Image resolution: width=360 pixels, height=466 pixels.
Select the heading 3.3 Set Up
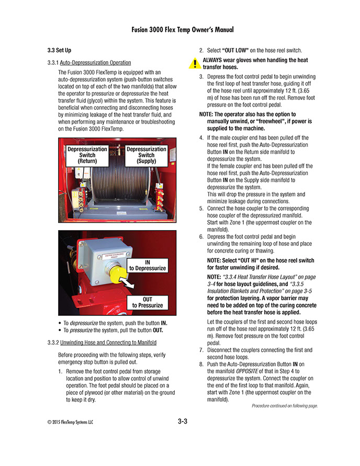[60, 51]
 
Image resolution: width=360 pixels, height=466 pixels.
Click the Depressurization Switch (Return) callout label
[87, 155]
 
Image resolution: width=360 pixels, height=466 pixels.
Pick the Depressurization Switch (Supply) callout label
[147, 155]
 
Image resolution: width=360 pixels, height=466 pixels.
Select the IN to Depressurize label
[148, 265]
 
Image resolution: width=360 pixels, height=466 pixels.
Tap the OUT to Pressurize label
[148, 302]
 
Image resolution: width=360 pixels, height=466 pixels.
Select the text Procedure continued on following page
[285, 405]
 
